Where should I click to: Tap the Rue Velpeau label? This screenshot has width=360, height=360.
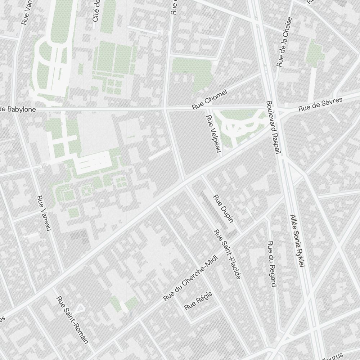click(x=213, y=134)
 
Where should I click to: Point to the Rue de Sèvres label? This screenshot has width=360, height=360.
click(x=320, y=104)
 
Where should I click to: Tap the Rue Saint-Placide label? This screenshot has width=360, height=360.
click(x=227, y=254)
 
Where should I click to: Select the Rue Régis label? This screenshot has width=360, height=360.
click(x=198, y=301)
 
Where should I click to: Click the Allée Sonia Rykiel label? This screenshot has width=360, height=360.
click(x=297, y=241)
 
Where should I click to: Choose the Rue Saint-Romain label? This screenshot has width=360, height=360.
click(x=72, y=320)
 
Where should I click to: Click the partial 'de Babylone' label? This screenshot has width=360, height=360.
click(x=18, y=109)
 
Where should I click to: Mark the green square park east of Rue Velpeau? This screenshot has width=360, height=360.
click(x=239, y=124)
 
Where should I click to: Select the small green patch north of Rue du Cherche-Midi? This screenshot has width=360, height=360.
click(x=124, y=303)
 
